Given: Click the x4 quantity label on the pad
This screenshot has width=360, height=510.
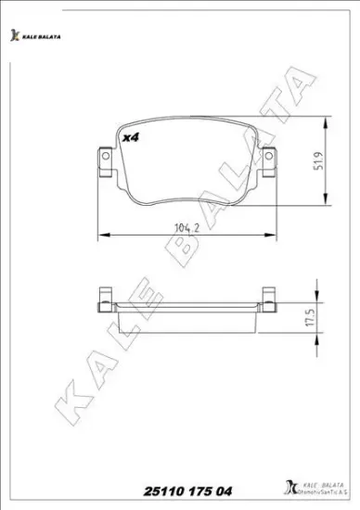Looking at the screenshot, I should (x=131, y=138).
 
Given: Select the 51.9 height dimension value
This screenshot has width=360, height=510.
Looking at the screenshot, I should (x=318, y=163).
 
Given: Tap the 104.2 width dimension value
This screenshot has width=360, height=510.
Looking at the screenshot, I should (x=185, y=223).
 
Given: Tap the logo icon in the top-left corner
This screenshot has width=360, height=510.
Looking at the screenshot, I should (x=14, y=35).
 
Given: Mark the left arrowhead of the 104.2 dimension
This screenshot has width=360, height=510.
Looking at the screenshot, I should (x=100, y=232).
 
